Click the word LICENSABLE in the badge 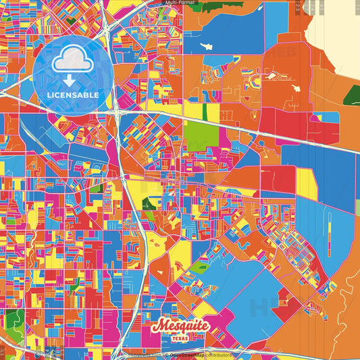click(73, 95)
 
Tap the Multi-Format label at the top click(180, 3)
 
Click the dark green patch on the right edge click(351, 95)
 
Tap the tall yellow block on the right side click(306, 184)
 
